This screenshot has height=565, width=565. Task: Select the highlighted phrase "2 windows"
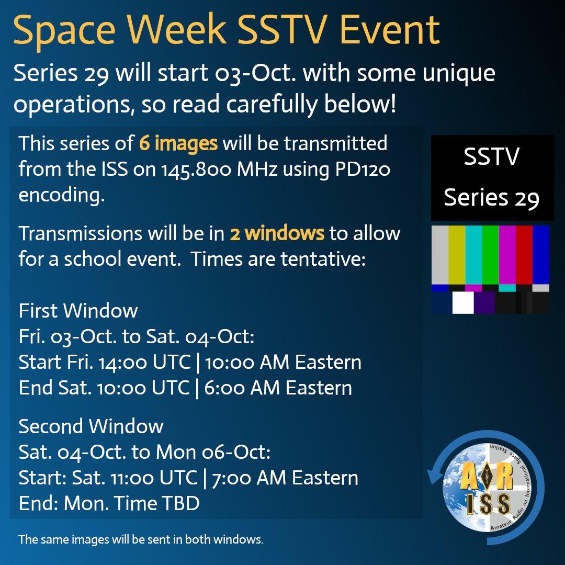[277, 233]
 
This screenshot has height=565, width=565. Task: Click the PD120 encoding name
[363, 169]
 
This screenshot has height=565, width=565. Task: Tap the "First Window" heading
[78, 310]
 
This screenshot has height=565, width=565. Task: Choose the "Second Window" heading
[91, 426]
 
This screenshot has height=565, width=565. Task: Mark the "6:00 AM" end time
[242, 388]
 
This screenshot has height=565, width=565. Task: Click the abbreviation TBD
[180, 503]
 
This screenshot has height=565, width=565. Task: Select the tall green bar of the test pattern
[490, 255]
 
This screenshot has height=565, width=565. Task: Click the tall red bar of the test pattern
[524, 255]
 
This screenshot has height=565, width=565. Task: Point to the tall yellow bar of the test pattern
[457, 255]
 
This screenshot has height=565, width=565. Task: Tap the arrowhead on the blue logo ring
[434, 477]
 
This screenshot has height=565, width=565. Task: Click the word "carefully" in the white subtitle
[272, 105]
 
